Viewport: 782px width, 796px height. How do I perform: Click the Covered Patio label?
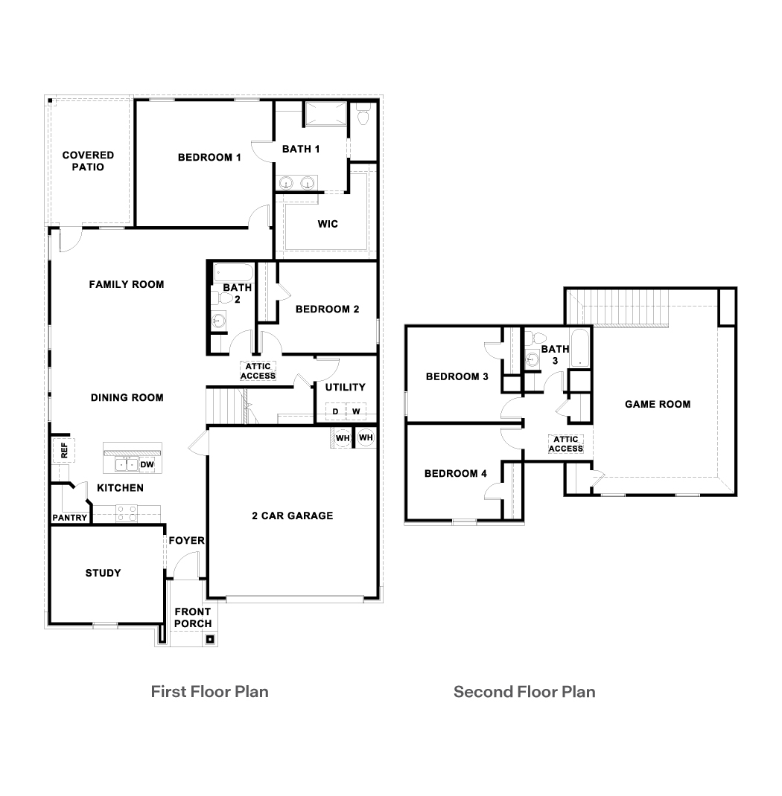pyautogui.click(x=88, y=161)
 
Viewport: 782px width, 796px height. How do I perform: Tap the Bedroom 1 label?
pyautogui.click(x=209, y=157)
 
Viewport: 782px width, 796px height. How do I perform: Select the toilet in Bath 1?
pyautogui.click(x=363, y=115)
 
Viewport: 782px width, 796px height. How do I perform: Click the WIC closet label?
pyautogui.click(x=328, y=224)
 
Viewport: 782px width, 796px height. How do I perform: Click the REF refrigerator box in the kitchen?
pyautogui.click(x=64, y=449)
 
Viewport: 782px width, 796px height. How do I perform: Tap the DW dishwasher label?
pyautogui.click(x=147, y=465)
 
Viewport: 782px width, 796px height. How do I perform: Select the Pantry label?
pyautogui.click(x=69, y=518)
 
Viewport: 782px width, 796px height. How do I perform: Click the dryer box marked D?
pyautogui.click(x=335, y=411)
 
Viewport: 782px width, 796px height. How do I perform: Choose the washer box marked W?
pyautogui.click(x=356, y=411)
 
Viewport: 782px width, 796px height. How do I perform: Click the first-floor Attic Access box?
pyautogui.click(x=258, y=370)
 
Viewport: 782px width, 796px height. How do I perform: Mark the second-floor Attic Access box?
pyautogui.click(x=565, y=444)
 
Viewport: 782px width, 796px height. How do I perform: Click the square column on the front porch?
pyautogui.click(x=210, y=638)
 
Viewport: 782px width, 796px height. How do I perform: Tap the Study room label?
pyautogui.click(x=103, y=573)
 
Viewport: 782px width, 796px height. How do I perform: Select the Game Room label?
pyautogui.click(x=657, y=404)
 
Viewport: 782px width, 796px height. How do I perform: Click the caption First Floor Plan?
pyautogui.click(x=209, y=691)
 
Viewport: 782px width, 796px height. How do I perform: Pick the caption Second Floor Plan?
pyautogui.click(x=524, y=692)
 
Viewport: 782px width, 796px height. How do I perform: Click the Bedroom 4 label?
pyautogui.click(x=455, y=474)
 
